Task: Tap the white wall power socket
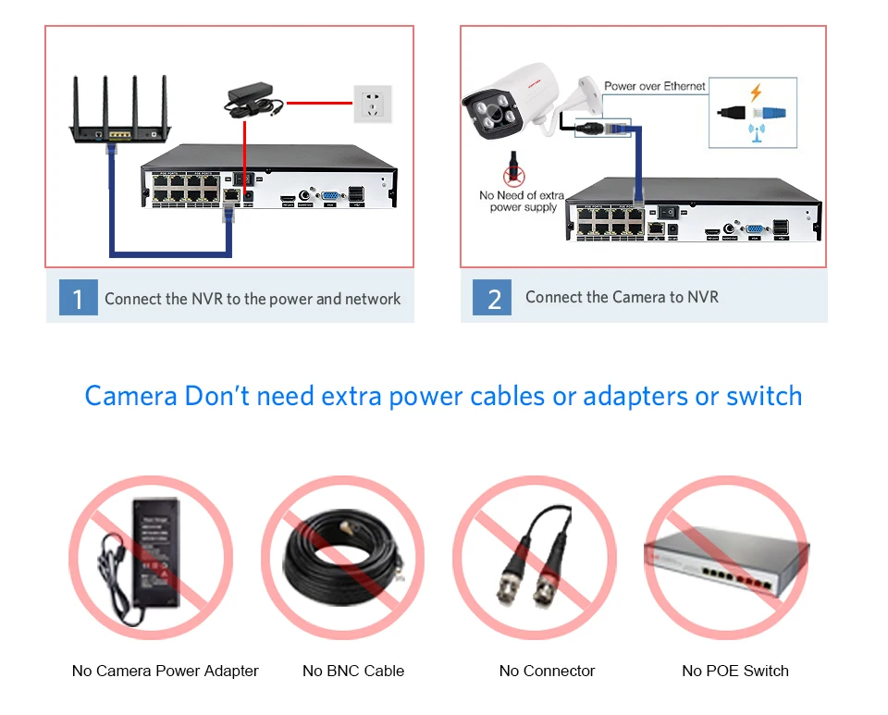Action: click(373, 104)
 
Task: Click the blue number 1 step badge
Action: click(78, 298)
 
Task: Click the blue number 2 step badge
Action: click(493, 298)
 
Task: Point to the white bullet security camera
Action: click(509, 102)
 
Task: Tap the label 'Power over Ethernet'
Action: click(655, 86)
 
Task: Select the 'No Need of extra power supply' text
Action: click(522, 201)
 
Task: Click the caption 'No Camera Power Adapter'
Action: click(166, 671)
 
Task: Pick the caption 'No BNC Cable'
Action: click(353, 671)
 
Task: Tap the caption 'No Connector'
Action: click(547, 671)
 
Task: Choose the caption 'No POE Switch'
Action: click(735, 671)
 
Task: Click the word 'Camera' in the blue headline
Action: click(130, 396)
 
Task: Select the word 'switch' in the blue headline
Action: click(764, 396)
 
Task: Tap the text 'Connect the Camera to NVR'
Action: click(622, 297)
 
